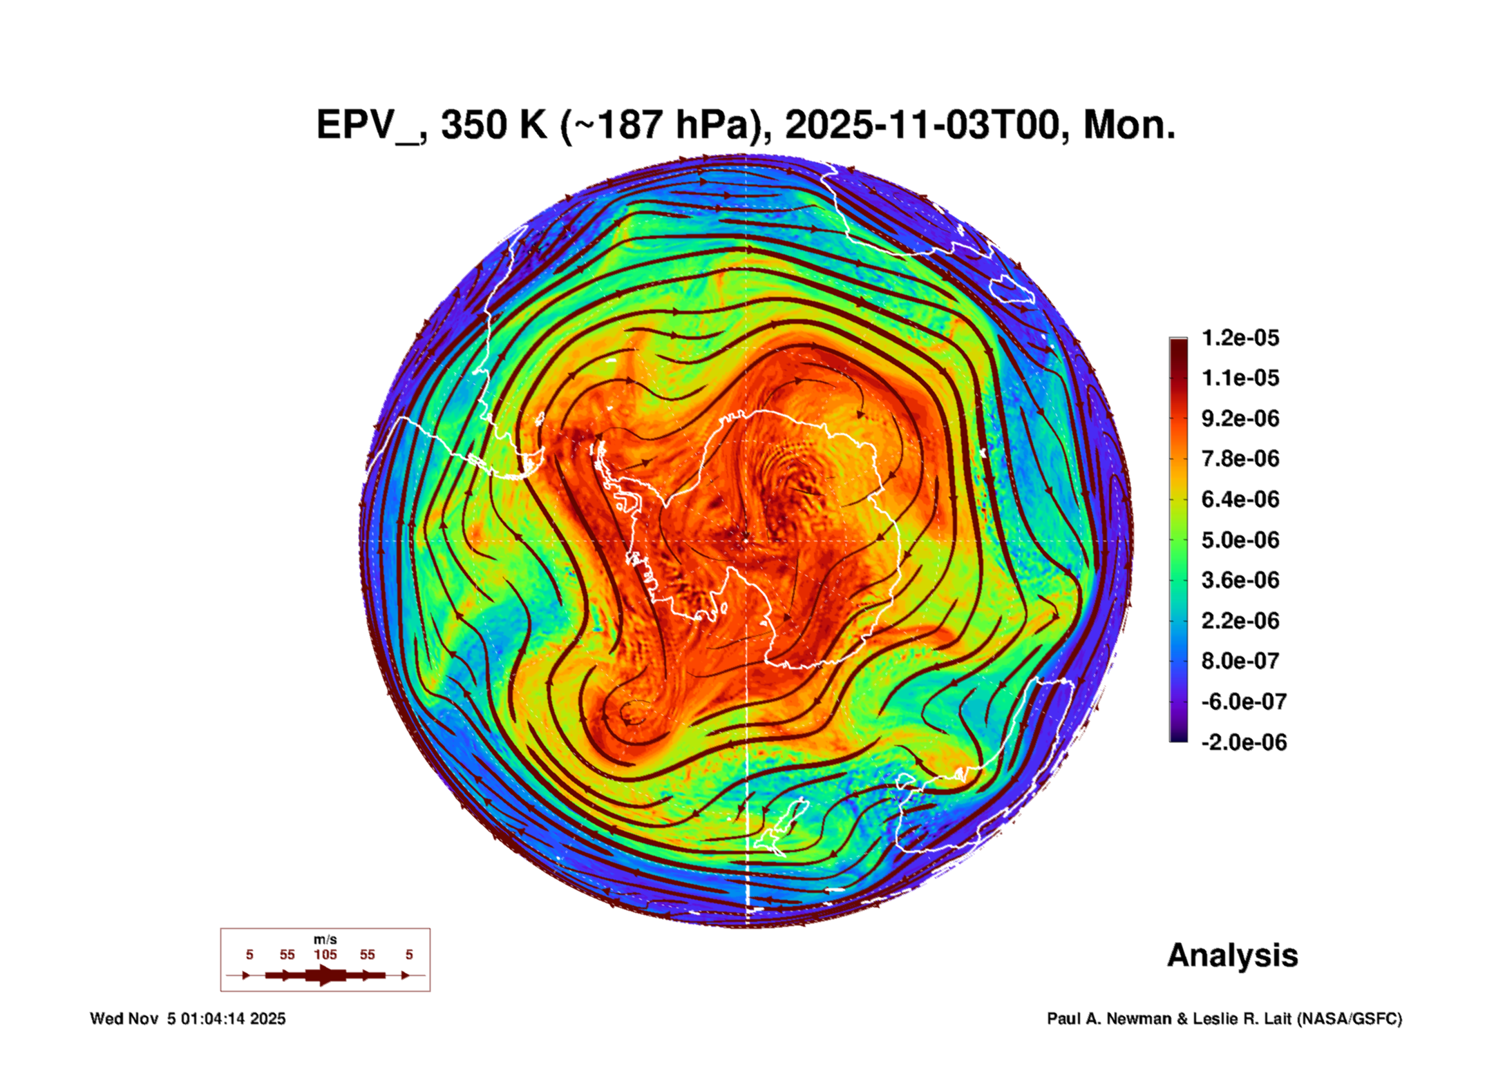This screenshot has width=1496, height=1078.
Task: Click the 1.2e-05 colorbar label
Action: point(1240,338)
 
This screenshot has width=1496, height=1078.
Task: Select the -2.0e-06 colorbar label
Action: point(1244,742)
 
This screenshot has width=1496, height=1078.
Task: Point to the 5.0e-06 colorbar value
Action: point(1240,540)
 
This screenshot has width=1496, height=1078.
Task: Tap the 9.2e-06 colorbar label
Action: point(1240,418)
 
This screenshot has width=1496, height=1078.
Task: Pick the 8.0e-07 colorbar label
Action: point(1240,661)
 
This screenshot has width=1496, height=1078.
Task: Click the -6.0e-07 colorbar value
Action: point(1244,702)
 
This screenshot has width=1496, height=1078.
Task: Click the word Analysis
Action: point(1232,955)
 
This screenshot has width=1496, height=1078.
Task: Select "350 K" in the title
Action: point(493,126)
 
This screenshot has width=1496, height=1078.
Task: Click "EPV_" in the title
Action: point(370,126)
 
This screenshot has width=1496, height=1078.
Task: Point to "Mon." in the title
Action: point(1129,126)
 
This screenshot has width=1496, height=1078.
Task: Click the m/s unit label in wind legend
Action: point(325,939)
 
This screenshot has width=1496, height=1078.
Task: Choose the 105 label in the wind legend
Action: point(325,954)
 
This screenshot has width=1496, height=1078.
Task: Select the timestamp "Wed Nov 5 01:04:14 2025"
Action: point(187,1019)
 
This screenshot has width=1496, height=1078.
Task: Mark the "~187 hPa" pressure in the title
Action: point(666,126)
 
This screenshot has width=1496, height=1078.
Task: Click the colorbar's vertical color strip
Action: point(1178,539)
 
